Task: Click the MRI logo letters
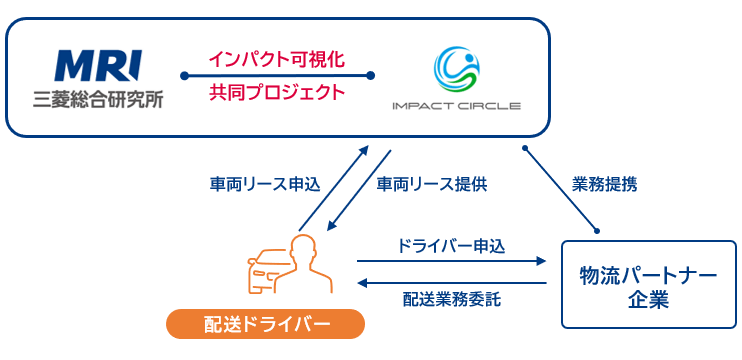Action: (x=98, y=66)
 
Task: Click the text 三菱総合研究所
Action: (x=98, y=100)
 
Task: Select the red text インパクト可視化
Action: (x=277, y=59)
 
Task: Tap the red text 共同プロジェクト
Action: (x=277, y=94)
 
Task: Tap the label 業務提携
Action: (x=605, y=184)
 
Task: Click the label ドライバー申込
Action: (x=451, y=245)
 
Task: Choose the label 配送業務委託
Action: (x=451, y=299)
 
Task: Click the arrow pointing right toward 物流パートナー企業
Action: (x=451, y=262)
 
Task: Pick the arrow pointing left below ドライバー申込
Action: (x=451, y=282)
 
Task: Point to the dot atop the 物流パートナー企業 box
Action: (x=598, y=231)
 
